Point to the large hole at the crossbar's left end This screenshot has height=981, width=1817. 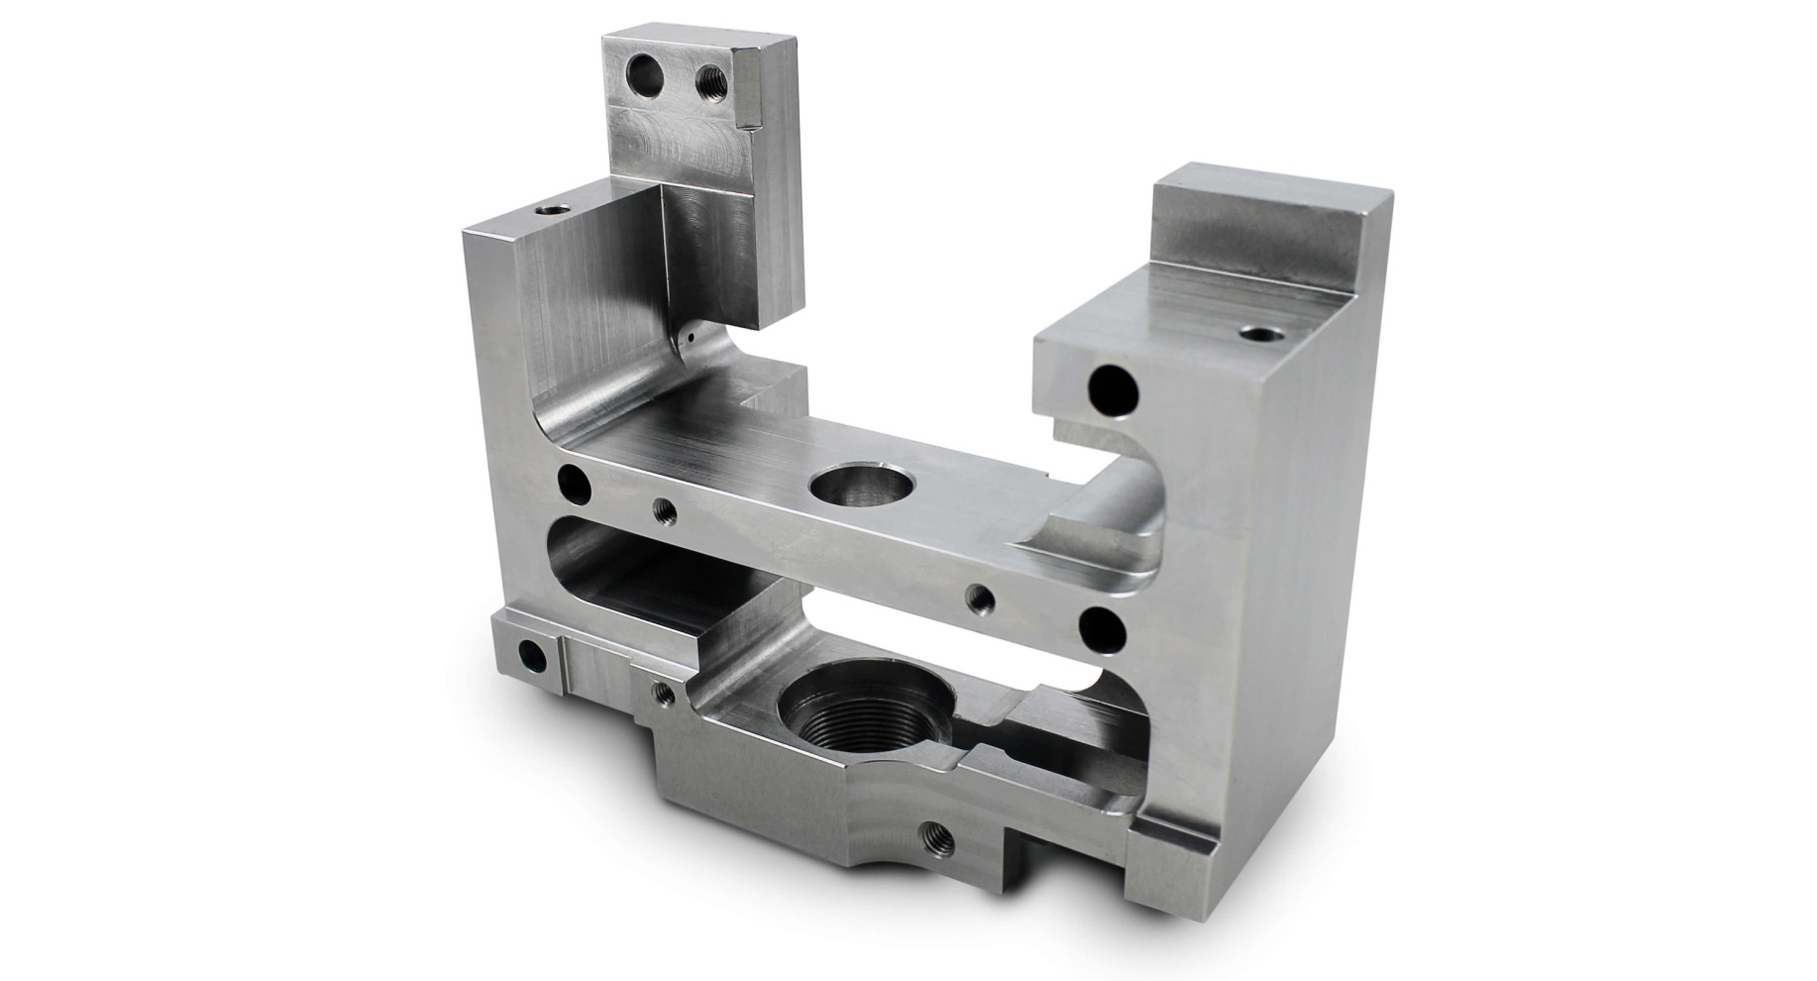pyautogui.click(x=575, y=483)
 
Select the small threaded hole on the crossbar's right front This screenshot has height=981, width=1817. pyautogui.click(x=981, y=597)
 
